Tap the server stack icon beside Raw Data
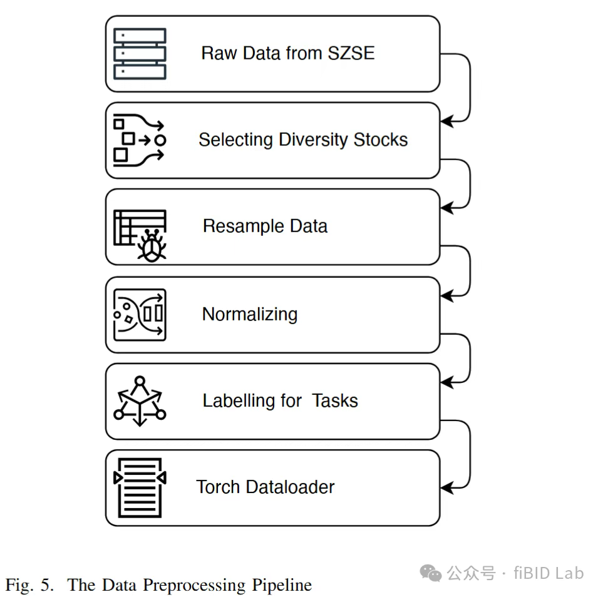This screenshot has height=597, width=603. coord(140,53)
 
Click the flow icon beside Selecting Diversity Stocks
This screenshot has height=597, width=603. coord(139,140)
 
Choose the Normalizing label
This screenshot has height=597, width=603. coord(249,314)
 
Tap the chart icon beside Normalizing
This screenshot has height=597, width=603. coord(140,314)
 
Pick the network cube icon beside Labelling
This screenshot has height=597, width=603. coord(140,401)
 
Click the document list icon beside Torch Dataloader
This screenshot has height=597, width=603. coord(140,487)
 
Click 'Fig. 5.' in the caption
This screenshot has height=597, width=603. coord(31,585)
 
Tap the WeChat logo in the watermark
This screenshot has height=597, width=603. coord(430,573)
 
